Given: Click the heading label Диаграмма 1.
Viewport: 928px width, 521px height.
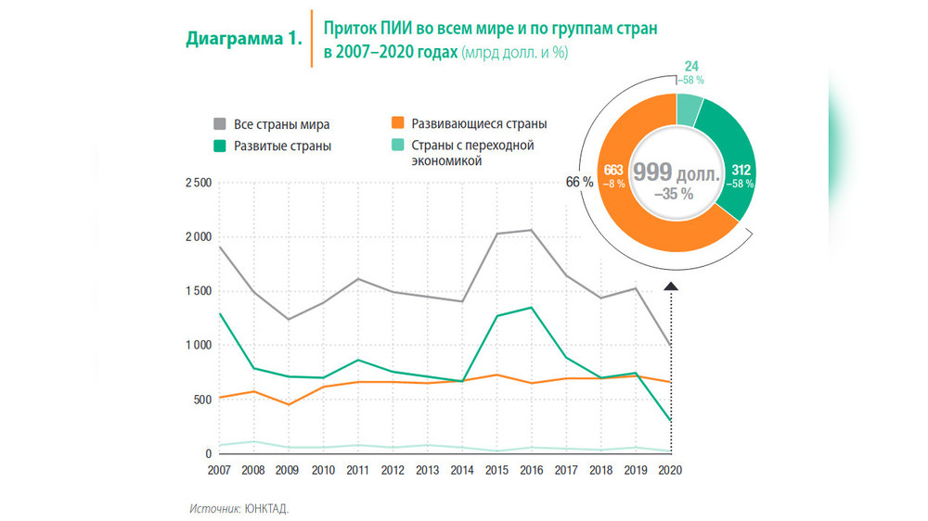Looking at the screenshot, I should (x=244, y=39).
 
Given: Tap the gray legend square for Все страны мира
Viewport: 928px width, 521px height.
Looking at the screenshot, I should (x=220, y=124).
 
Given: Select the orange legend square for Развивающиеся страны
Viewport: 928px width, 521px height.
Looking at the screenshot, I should (x=397, y=123).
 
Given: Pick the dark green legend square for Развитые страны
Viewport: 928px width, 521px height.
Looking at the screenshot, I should (x=220, y=146).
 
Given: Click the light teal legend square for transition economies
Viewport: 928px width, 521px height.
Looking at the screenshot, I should (x=397, y=146).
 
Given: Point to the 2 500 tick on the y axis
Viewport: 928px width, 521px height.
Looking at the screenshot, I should (x=197, y=184).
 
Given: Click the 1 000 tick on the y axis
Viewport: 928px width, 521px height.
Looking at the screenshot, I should (x=197, y=346).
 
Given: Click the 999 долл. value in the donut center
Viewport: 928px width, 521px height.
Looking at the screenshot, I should (x=676, y=172).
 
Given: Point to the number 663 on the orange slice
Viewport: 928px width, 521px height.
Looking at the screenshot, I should (x=613, y=170).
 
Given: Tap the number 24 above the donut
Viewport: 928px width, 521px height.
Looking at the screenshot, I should (x=690, y=67).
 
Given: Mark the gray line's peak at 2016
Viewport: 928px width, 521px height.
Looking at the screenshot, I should (x=531, y=230).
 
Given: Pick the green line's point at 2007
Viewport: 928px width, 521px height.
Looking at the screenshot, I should (x=220, y=314).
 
